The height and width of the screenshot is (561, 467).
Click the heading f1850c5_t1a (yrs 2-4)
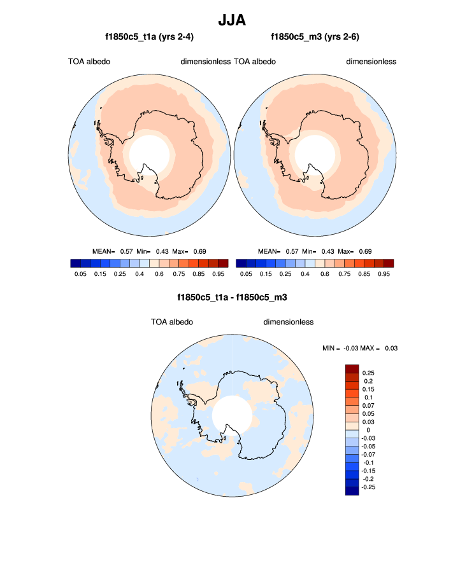click(x=150, y=37)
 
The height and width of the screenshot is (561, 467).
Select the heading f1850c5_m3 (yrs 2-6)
click(x=315, y=37)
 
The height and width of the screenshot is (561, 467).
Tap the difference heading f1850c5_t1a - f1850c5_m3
click(x=233, y=297)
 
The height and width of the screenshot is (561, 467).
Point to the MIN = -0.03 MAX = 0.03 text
click(x=361, y=348)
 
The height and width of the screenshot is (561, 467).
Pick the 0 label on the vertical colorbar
click(x=365, y=430)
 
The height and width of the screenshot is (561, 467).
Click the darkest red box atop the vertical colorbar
click(x=352, y=369)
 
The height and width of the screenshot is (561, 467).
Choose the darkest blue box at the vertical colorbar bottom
click(x=352, y=490)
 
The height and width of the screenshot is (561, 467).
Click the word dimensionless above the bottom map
click(x=289, y=322)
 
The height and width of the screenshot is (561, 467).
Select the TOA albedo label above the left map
click(x=89, y=62)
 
